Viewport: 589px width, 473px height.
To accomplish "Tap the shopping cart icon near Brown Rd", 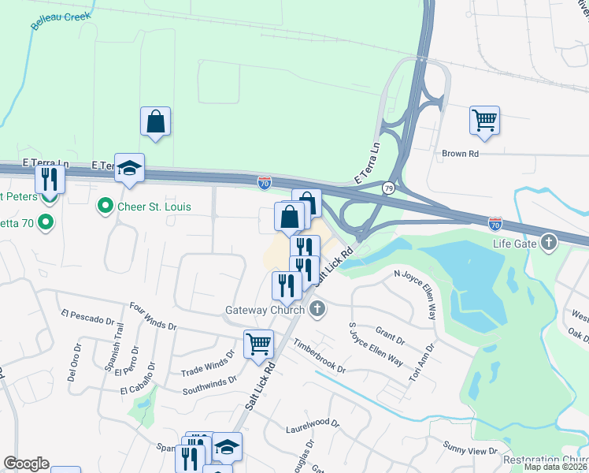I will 484,121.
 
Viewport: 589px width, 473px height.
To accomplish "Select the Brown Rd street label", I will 461,154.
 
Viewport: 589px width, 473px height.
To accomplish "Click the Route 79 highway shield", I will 388,188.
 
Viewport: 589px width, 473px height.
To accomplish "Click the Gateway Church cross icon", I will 317,309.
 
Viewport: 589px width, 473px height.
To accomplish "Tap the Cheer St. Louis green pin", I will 104,207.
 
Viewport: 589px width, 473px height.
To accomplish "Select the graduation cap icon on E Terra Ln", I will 129,168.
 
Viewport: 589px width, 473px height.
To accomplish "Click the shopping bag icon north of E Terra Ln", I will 156,121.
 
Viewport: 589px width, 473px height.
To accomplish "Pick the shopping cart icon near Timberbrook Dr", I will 258,344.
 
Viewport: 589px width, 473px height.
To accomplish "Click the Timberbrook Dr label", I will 320,356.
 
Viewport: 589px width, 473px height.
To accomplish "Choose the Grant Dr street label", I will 390,340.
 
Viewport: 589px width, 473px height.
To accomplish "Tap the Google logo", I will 26,464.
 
